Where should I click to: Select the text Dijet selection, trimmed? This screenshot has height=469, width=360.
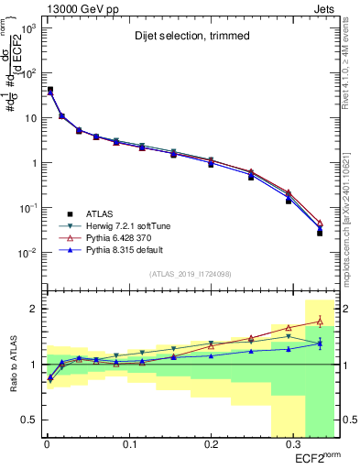[x=183, y=38]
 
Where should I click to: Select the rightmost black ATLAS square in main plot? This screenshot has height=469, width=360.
[x=320, y=233]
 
